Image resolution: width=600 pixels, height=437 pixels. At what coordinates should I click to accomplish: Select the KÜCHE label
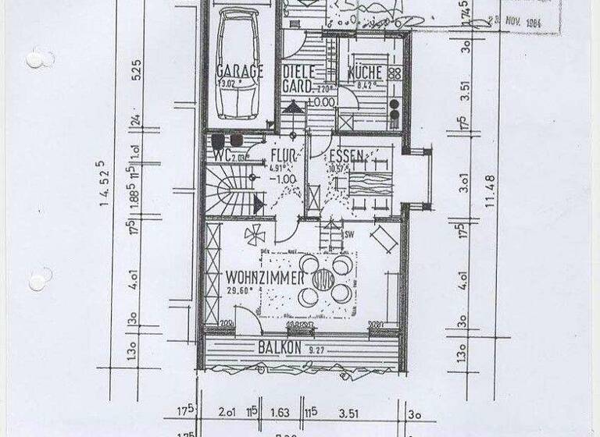pyautogui.click(x=364, y=72)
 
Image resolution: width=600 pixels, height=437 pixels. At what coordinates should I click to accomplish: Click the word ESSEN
pyautogui.click(x=345, y=155)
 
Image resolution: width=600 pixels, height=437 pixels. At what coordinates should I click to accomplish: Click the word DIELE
pyautogui.click(x=297, y=71)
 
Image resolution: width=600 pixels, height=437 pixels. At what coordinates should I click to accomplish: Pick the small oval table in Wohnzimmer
pyautogui.click(x=321, y=279)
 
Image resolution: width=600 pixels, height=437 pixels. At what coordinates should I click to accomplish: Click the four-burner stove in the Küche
pyautogui.click(x=395, y=73)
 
